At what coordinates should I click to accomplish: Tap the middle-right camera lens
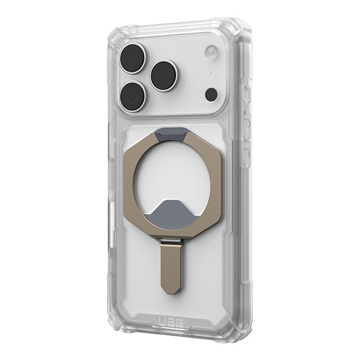pos(165,75)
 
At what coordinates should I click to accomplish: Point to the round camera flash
pos(211,51)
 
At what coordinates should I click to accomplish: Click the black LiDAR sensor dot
pos(211,94)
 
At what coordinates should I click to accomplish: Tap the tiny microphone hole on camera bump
pos(211,74)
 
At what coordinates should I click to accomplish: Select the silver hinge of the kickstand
pos(170,241)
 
